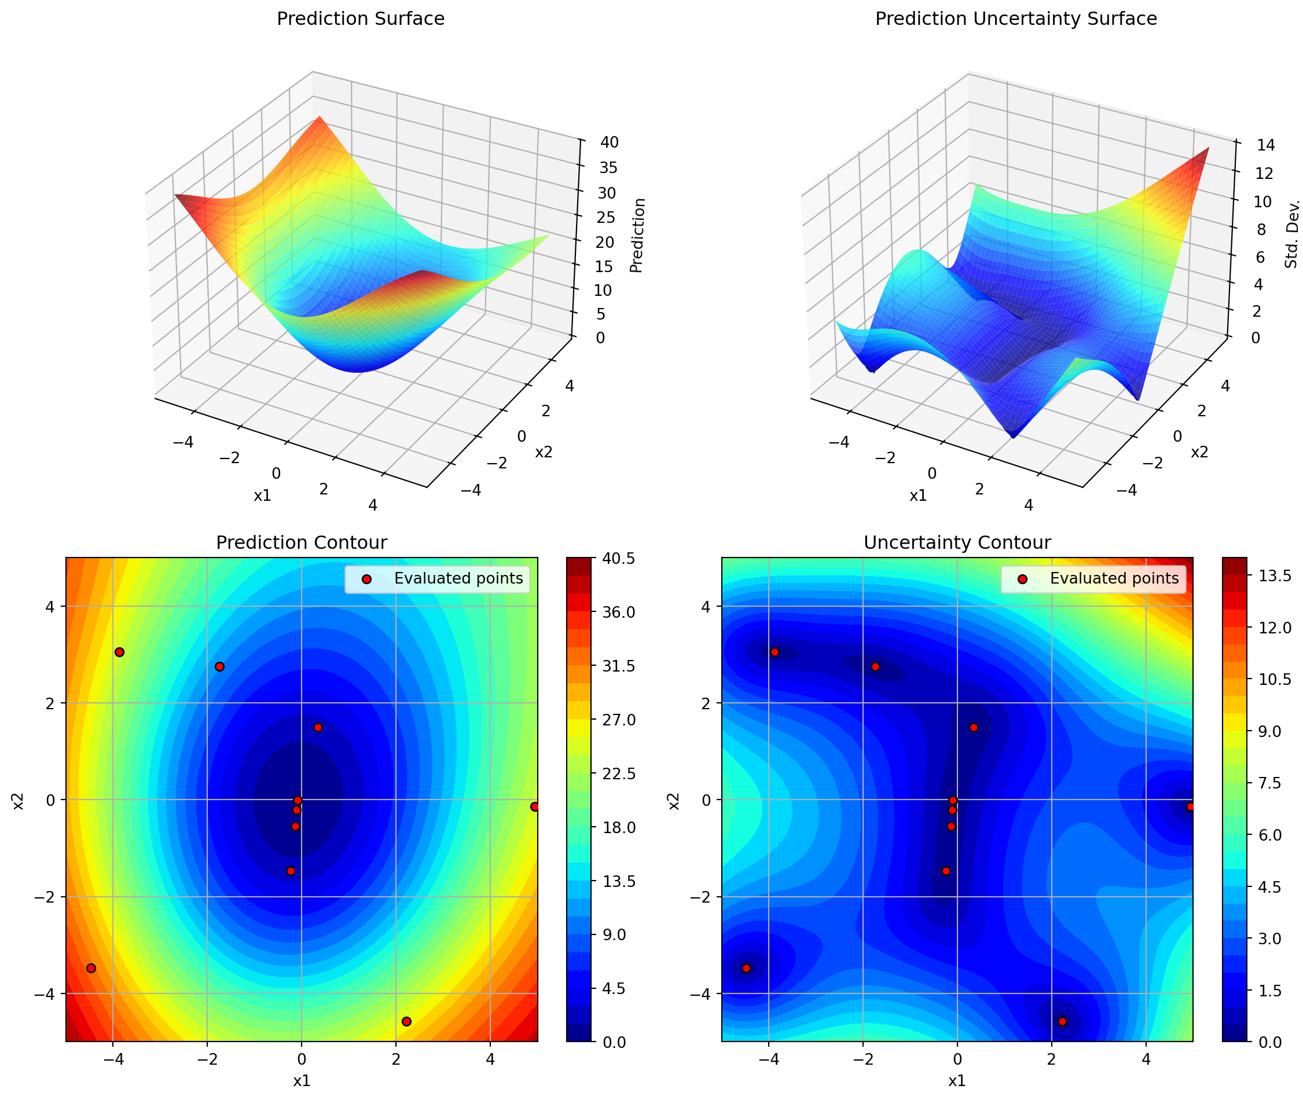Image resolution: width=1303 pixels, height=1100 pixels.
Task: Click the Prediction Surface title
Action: (361, 19)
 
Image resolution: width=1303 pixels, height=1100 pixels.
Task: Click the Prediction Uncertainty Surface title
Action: (1015, 19)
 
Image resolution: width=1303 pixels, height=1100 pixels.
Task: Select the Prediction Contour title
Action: (301, 542)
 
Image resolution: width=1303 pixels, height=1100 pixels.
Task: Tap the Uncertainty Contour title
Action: (957, 542)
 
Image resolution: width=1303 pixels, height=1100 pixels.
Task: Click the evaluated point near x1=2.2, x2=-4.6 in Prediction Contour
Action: (406, 1021)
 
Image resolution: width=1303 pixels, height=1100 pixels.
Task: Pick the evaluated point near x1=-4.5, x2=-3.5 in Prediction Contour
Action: (91, 969)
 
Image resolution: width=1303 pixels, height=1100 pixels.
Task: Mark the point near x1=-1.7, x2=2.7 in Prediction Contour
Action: (219, 666)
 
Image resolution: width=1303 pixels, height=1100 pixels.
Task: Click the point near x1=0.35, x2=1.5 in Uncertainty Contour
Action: (974, 728)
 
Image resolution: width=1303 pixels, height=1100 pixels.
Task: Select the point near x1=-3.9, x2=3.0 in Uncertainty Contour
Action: (775, 652)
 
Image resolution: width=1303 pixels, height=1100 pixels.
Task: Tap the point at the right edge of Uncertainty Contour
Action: (1190, 807)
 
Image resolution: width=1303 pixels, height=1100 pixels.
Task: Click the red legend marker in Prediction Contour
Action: (366, 580)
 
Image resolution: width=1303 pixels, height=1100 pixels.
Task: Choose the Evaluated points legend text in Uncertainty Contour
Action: (1114, 579)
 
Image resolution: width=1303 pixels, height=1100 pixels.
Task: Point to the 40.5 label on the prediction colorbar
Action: (619, 559)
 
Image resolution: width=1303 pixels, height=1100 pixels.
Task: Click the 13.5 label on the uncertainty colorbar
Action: (1274, 575)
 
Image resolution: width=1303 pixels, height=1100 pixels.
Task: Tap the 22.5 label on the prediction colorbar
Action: (619, 774)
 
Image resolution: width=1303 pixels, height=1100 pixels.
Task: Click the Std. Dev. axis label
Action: (1292, 234)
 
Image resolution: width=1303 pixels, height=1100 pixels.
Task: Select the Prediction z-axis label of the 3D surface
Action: (637, 235)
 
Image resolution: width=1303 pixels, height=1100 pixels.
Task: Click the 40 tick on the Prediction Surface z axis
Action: (610, 142)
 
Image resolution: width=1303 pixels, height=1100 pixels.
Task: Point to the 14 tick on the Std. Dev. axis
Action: (1265, 145)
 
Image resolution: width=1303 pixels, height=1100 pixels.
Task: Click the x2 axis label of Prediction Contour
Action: (19, 801)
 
